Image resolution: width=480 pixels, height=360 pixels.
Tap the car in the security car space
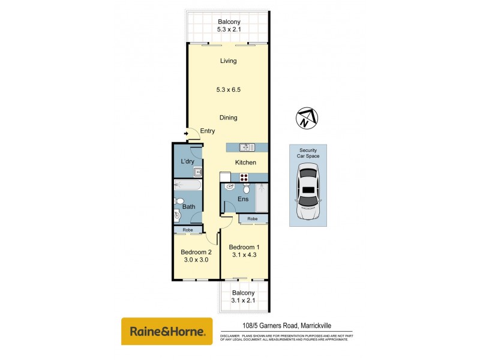click(309, 193)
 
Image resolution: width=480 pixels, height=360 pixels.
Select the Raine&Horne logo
click(167, 331)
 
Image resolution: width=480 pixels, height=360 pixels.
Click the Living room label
click(228, 61)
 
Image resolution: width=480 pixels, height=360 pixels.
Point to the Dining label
click(228, 118)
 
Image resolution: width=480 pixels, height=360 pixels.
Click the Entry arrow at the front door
click(187, 134)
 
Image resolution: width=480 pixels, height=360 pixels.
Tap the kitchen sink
click(244, 147)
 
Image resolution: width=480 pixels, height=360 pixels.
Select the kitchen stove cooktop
click(244, 177)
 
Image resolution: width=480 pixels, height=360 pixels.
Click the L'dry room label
click(187, 162)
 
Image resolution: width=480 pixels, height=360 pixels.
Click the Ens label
click(244, 199)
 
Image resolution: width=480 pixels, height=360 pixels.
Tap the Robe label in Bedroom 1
click(253, 220)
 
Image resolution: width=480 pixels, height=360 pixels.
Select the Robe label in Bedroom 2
click(187, 230)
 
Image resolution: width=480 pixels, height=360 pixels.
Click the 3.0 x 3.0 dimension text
click(196, 260)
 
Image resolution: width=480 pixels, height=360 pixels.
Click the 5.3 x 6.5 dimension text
click(228, 89)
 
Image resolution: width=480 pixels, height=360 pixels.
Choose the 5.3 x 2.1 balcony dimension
click(228, 29)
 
